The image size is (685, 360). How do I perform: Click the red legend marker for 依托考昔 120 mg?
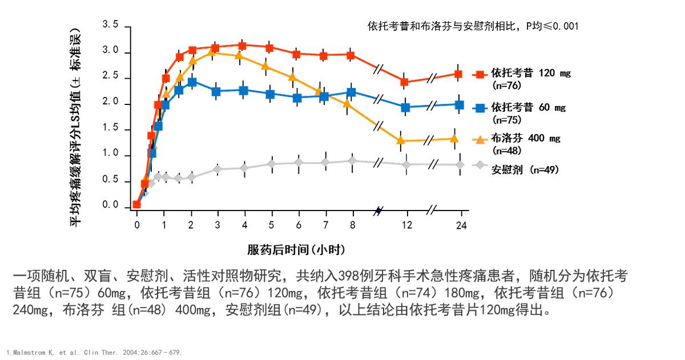pos(479,74)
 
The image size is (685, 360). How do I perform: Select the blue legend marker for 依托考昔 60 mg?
pos(479,107)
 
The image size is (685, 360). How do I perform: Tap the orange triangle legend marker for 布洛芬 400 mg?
pos(479,139)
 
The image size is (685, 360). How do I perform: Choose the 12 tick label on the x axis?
pos(406,225)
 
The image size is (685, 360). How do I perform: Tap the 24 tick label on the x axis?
pos(461,225)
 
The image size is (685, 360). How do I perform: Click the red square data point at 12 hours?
pos(405,82)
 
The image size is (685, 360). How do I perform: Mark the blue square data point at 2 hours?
pos(192,82)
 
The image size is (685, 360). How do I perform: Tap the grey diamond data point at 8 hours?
pos(352,161)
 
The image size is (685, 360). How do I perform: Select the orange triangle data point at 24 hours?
pos(454,138)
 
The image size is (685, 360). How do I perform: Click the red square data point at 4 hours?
pos(242,45)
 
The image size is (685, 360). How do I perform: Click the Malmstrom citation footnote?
pos(94,353)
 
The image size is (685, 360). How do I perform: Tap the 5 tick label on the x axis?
pos(271,225)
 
